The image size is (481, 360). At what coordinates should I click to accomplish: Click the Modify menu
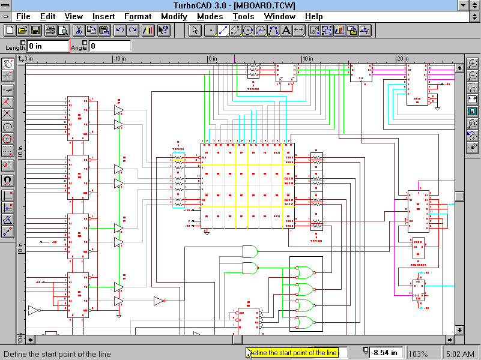(174, 17)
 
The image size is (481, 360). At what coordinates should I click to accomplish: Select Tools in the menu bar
(243, 17)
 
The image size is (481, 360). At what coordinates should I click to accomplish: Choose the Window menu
(279, 17)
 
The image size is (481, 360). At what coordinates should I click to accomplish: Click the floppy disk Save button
(35, 30)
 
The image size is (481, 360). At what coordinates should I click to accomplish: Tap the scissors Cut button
(79, 30)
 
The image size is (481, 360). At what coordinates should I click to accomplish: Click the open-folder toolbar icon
(23, 30)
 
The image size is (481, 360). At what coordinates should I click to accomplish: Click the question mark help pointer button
(163, 30)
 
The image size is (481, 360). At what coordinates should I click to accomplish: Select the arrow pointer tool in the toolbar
(195, 30)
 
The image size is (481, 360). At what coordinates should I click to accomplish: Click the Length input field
(48, 46)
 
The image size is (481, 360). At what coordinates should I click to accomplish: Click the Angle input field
(110, 46)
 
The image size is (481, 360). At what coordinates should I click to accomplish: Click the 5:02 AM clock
(461, 353)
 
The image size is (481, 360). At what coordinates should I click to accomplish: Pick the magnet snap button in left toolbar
(8, 179)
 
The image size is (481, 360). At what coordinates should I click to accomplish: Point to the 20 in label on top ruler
(402, 58)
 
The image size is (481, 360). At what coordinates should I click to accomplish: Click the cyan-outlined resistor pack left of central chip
(179, 181)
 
